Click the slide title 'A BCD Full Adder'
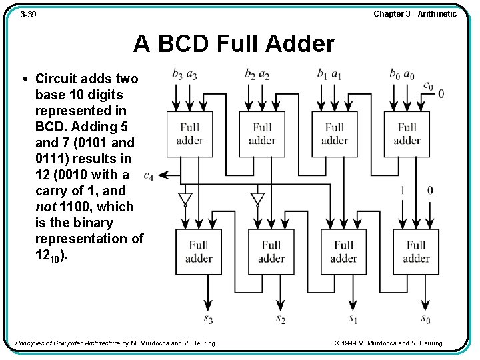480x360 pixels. point(233,44)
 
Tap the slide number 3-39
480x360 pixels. point(29,14)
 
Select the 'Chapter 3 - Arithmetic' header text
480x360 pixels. point(415,14)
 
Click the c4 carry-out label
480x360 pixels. point(148,176)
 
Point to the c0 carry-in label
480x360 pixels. point(428,85)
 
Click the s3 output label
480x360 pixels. point(208,319)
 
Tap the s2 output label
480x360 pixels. point(281,319)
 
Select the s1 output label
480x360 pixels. point(353,319)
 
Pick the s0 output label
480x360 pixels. point(426,319)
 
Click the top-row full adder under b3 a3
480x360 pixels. point(190,134)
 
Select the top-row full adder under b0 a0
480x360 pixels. point(407,134)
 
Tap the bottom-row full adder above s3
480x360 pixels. point(199,252)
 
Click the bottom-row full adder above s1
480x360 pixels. point(343,252)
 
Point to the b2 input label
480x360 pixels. point(249,73)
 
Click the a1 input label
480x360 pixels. point(337,73)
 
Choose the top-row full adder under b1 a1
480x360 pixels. point(335,134)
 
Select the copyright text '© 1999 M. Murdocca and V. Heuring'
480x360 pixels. point(388,343)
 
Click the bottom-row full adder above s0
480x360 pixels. point(416,252)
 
